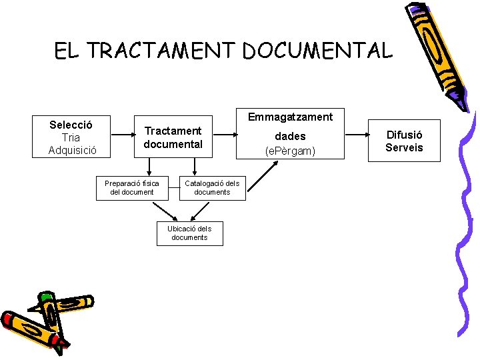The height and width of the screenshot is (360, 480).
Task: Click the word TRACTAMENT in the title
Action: [x=161, y=51]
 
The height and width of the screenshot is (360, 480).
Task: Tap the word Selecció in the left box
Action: [x=71, y=125]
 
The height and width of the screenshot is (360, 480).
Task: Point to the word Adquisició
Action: [x=72, y=150]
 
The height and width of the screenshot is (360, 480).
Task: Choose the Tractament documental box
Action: [x=173, y=137]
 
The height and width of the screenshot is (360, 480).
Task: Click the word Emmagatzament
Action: [x=290, y=117]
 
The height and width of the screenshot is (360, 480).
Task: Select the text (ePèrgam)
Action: [x=290, y=151]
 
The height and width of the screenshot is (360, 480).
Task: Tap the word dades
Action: [x=290, y=136]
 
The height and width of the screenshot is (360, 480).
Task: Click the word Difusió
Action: [x=404, y=135]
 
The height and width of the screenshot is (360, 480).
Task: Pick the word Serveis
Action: [x=404, y=147]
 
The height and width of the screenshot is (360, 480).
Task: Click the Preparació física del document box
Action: [x=132, y=187]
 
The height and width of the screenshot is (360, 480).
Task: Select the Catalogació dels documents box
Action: [x=212, y=187]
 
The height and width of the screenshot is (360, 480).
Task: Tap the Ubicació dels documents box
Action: [x=189, y=233]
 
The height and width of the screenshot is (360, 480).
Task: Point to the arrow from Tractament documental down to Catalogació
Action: [x=194, y=166]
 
